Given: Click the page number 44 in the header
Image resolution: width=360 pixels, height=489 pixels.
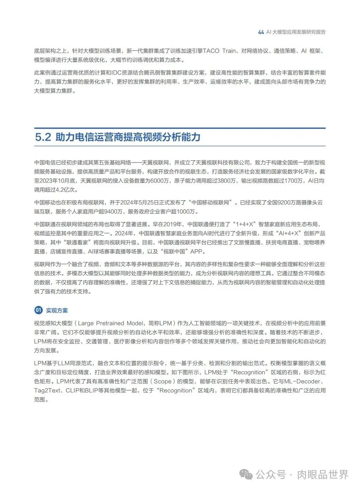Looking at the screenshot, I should click(x=261, y=32).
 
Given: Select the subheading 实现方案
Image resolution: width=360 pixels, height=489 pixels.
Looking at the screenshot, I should click(x=57, y=310).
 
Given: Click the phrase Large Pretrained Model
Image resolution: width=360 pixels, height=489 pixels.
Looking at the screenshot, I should click(x=115, y=323).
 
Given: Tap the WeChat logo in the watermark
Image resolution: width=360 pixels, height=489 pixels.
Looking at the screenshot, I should click(x=247, y=474).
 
